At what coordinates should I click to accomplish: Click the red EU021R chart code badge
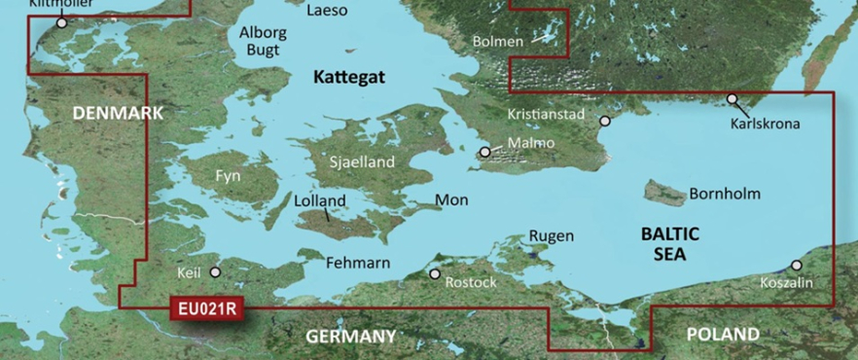point(207,309)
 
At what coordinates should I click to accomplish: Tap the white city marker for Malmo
point(484,152)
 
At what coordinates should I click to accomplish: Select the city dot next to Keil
point(216,246)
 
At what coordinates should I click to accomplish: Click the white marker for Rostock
point(435,274)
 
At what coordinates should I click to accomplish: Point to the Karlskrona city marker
point(732,99)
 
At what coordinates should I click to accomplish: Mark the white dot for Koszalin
point(797,265)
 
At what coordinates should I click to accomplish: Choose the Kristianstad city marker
point(605,122)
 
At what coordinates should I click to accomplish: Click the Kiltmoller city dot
point(62,22)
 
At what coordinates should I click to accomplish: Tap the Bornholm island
point(666,193)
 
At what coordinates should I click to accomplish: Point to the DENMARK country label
point(118,114)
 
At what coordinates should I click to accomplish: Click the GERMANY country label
point(350,336)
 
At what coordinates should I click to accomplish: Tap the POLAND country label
point(722,334)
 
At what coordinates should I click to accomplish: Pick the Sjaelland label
point(362,162)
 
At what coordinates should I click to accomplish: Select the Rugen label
point(551,235)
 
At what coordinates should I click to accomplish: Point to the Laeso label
point(326,12)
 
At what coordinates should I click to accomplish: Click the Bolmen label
point(497,42)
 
